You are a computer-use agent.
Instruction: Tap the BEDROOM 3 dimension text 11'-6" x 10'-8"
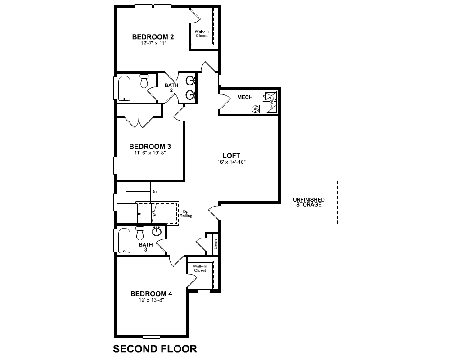click(x=150, y=153)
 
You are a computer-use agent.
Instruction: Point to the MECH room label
click(x=245, y=97)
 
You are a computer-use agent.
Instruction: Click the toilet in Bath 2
click(x=144, y=81)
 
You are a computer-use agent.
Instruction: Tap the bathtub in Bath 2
click(x=124, y=89)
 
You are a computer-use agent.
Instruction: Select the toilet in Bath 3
click(x=140, y=233)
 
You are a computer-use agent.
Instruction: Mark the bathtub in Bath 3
click(x=124, y=240)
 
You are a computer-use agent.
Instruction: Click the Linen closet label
click(x=216, y=245)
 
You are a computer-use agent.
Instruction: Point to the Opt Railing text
click(x=186, y=213)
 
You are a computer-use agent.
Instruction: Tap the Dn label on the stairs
click(x=154, y=192)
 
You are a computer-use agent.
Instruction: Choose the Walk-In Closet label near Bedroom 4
click(x=200, y=268)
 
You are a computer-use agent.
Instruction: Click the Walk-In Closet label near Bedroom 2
click(x=202, y=33)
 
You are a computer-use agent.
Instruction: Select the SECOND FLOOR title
click(x=154, y=349)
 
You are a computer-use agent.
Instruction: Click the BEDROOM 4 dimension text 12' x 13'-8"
click(x=151, y=300)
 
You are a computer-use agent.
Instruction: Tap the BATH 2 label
click(x=171, y=87)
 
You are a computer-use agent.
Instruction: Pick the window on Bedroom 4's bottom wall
click(x=151, y=337)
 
